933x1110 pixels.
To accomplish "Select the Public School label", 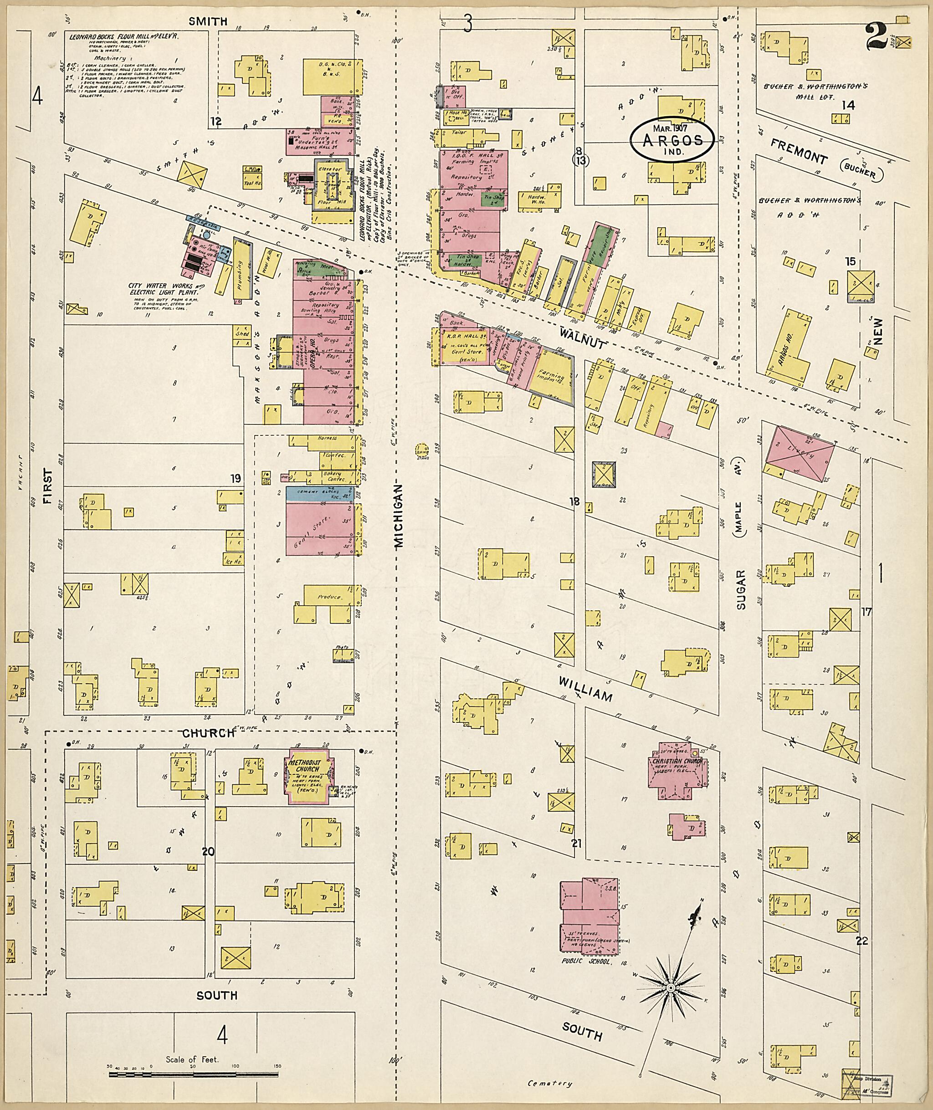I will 587,962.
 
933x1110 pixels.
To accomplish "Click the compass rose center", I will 671,987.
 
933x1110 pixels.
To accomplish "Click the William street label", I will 586,689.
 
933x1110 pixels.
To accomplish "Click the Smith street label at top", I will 208,21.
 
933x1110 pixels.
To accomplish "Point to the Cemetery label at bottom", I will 550,1084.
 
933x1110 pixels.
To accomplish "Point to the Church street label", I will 208,733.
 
